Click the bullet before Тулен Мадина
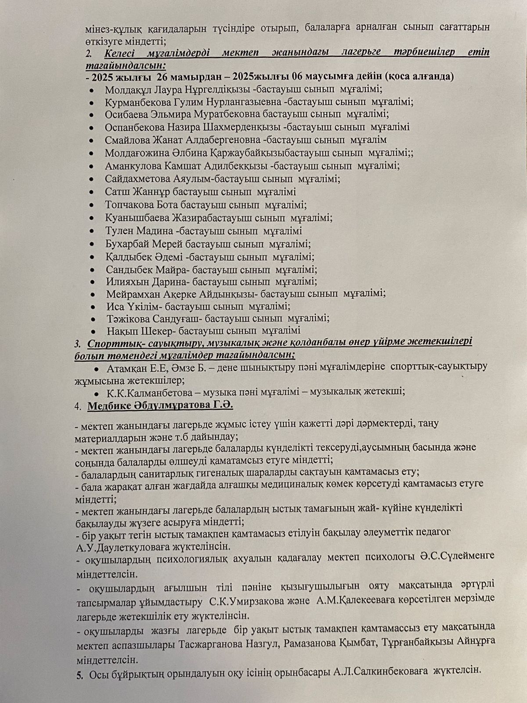tap(91, 231)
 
